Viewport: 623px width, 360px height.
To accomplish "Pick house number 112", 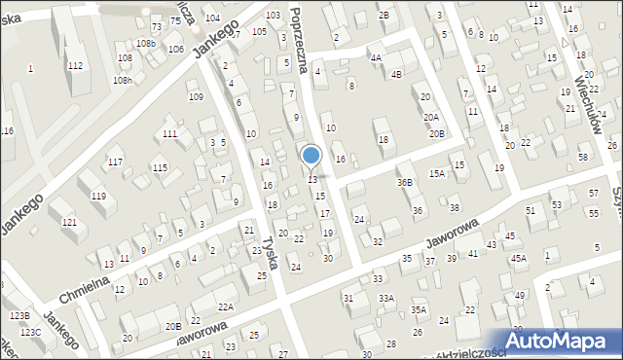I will (x=75, y=65).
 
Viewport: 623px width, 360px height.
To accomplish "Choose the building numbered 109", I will (x=196, y=96).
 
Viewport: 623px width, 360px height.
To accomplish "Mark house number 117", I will (x=116, y=162).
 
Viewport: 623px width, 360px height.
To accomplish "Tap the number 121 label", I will (x=69, y=223).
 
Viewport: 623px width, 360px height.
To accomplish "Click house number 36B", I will (x=404, y=182).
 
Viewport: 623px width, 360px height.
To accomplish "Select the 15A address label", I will (x=437, y=173).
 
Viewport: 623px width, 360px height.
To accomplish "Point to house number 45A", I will (x=519, y=258).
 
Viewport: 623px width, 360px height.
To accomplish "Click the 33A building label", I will (x=386, y=298).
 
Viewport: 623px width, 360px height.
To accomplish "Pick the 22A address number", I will (x=225, y=307).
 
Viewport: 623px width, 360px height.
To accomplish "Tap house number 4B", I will (x=396, y=74).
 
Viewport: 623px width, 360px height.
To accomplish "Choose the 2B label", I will (x=385, y=16).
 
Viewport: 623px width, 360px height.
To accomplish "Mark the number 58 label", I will (x=583, y=158).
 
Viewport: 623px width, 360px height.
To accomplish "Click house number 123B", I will (x=20, y=316).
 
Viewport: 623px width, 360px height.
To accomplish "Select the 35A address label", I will (x=419, y=309).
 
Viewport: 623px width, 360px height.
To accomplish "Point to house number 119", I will (x=98, y=197).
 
